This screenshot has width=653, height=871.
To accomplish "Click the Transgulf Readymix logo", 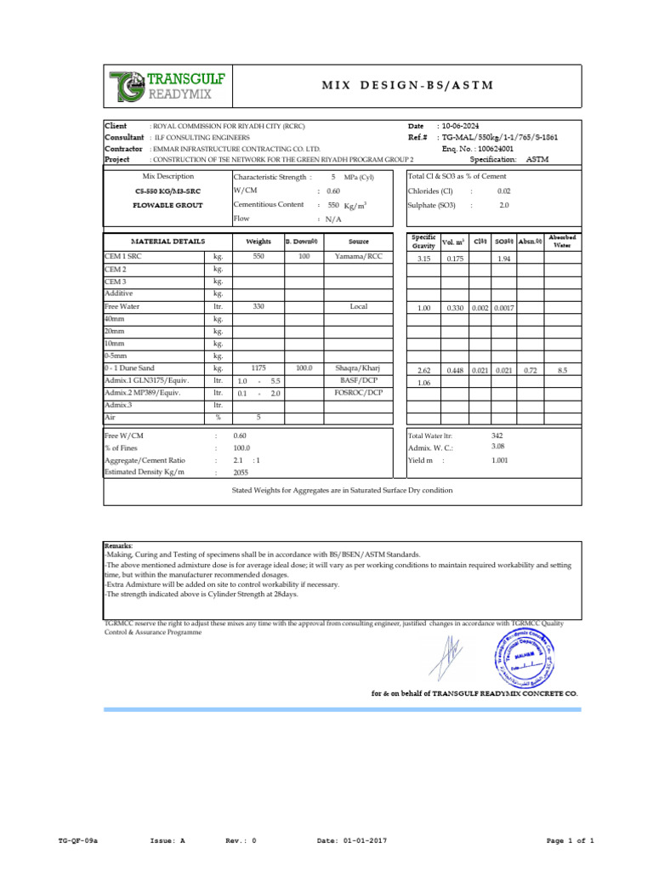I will pyautogui.click(x=167, y=85).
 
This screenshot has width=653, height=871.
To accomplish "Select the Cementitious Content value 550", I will pyautogui.click(x=332, y=205).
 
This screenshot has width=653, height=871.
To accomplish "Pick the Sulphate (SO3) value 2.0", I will pyautogui.click(x=503, y=205).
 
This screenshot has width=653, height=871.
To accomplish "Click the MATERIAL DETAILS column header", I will pyautogui.click(x=167, y=242).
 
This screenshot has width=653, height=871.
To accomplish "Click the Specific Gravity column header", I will pyautogui.click(x=423, y=241).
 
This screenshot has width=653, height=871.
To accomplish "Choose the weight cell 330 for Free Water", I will pyautogui.click(x=259, y=306).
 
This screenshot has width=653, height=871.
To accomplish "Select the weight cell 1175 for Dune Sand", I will pyautogui.click(x=259, y=368).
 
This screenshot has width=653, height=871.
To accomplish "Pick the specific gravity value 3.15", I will pyautogui.click(x=423, y=258).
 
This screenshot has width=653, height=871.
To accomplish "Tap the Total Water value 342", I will pyautogui.click(x=497, y=435).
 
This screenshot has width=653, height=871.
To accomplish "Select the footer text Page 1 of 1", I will pyautogui.click(x=569, y=840).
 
